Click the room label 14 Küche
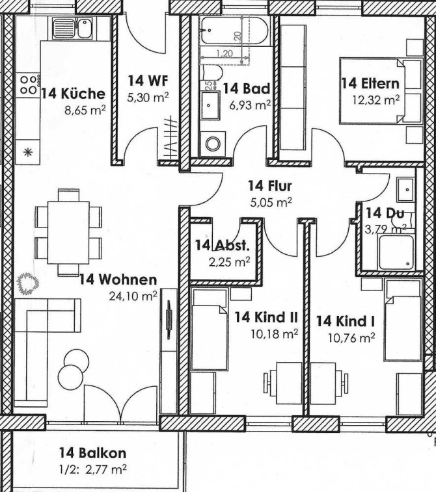[x=73, y=94]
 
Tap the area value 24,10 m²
[x=133, y=295]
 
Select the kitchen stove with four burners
[x=28, y=85]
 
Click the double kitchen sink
[x=72, y=27]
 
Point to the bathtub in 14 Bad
[x=234, y=31]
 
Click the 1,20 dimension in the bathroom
[x=225, y=53]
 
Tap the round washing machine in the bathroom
[x=213, y=144]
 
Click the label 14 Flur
[x=270, y=186]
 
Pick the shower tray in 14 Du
[x=396, y=252]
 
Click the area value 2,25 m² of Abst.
[x=230, y=261]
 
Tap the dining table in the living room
[x=68, y=233]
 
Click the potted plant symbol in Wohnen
[x=28, y=283]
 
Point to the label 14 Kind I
[x=345, y=321]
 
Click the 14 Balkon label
[x=93, y=453]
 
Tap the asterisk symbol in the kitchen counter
[x=28, y=153]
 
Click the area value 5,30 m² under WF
[x=148, y=97]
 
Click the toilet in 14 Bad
[x=212, y=73]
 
